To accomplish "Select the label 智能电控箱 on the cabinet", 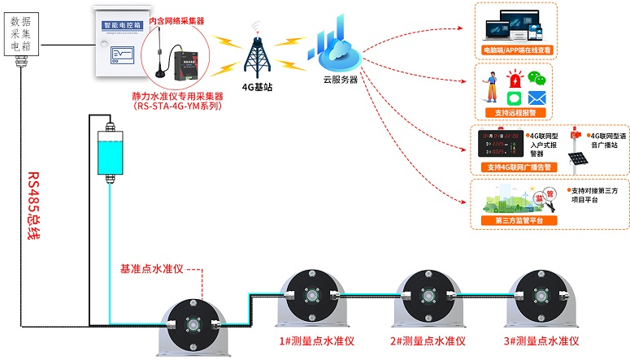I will click(x=119, y=25).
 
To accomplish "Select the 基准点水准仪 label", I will click(x=152, y=269).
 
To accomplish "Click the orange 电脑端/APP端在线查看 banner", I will click(x=516, y=50).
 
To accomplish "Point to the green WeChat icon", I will click(x=535, y=78).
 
